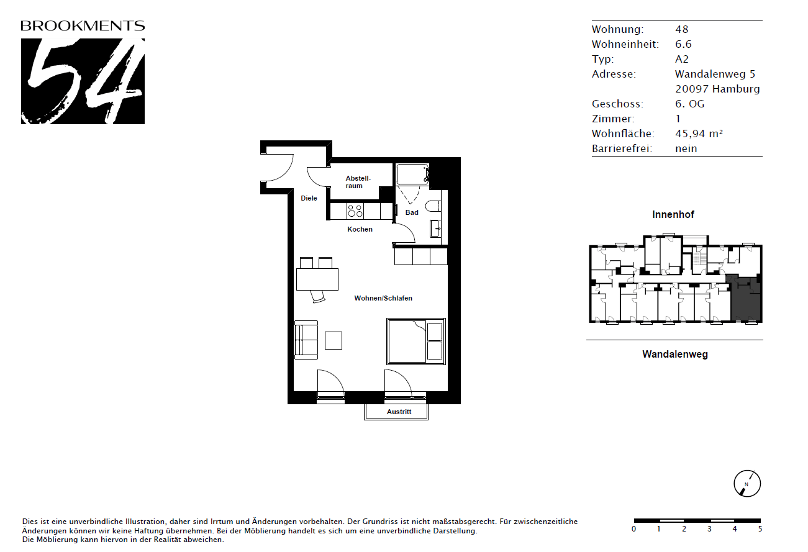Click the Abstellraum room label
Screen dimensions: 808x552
[x=358, y=182]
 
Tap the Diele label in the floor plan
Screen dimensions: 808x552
[x=309, y=198]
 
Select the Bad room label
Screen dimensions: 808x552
[x=412, y=213]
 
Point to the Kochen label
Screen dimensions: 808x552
[x=360, y=229]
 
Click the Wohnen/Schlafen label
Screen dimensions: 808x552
[x=383, y=298]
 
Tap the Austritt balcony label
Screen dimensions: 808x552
[x=399, y=412]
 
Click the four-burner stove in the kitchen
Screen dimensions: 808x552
[x=355, y=211]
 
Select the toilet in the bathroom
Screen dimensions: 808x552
[x=433, y=207]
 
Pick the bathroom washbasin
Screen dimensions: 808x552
[x=435, y=228]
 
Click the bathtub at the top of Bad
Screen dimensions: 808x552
[x=412, y=174]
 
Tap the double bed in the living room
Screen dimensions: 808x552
[x=416, y=342]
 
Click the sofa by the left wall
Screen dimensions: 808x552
[x=306, y=340]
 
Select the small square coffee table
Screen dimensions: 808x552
[x=334, y=341]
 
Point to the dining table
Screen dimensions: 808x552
[x=317, y=279]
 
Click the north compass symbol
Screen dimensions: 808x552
[x=747, y=484]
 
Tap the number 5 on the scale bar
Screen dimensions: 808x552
[x=760, y=529]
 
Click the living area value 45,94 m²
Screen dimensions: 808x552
[x=699, y=133]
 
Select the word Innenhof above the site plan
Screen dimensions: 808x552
[x=673, y=214]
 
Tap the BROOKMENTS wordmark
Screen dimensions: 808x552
[x=83, y=26]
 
